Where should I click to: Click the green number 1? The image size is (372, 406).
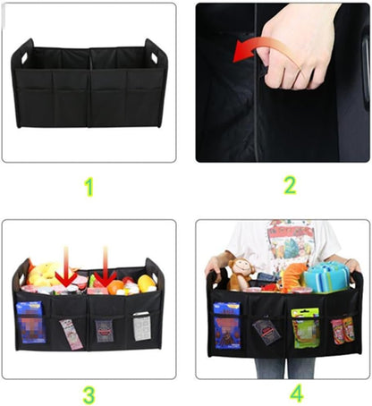[88, 186]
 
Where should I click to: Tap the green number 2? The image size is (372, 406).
[289, 186]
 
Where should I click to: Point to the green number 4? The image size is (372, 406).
[296, 393]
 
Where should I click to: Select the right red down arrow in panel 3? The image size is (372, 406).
[105, 267]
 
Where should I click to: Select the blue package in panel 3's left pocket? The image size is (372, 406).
[32, 322]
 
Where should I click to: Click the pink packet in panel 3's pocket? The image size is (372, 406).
[72, 334]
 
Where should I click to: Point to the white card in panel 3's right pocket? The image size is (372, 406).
[141, 326]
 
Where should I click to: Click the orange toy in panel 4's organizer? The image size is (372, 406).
[293, 275]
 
